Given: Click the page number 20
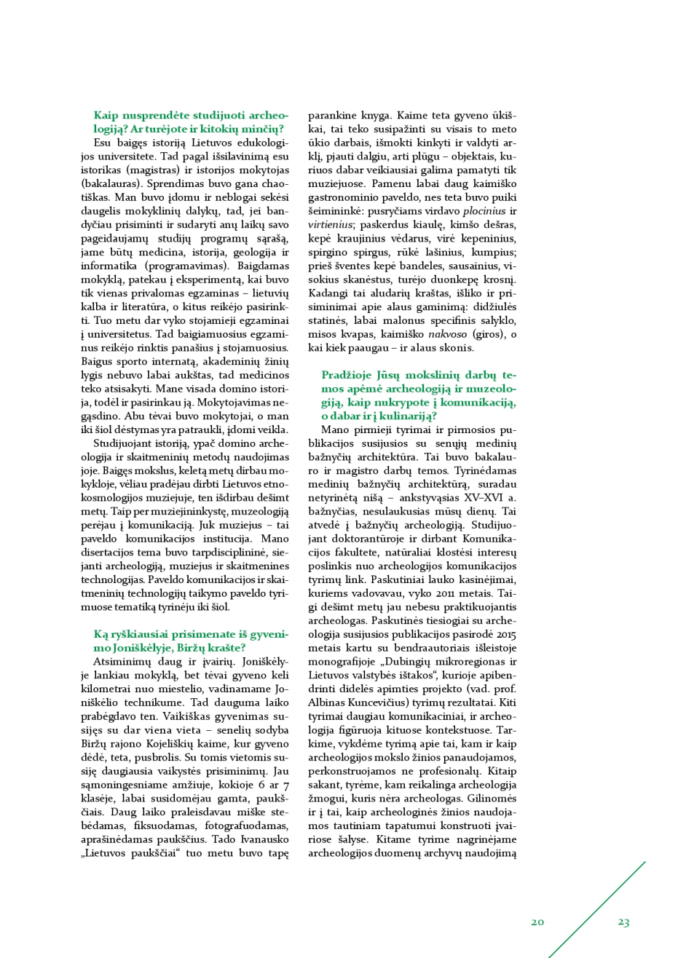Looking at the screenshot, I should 537,922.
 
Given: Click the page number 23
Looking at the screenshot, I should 623,922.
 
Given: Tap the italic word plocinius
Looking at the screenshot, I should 484,210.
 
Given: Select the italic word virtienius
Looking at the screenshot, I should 329,224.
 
